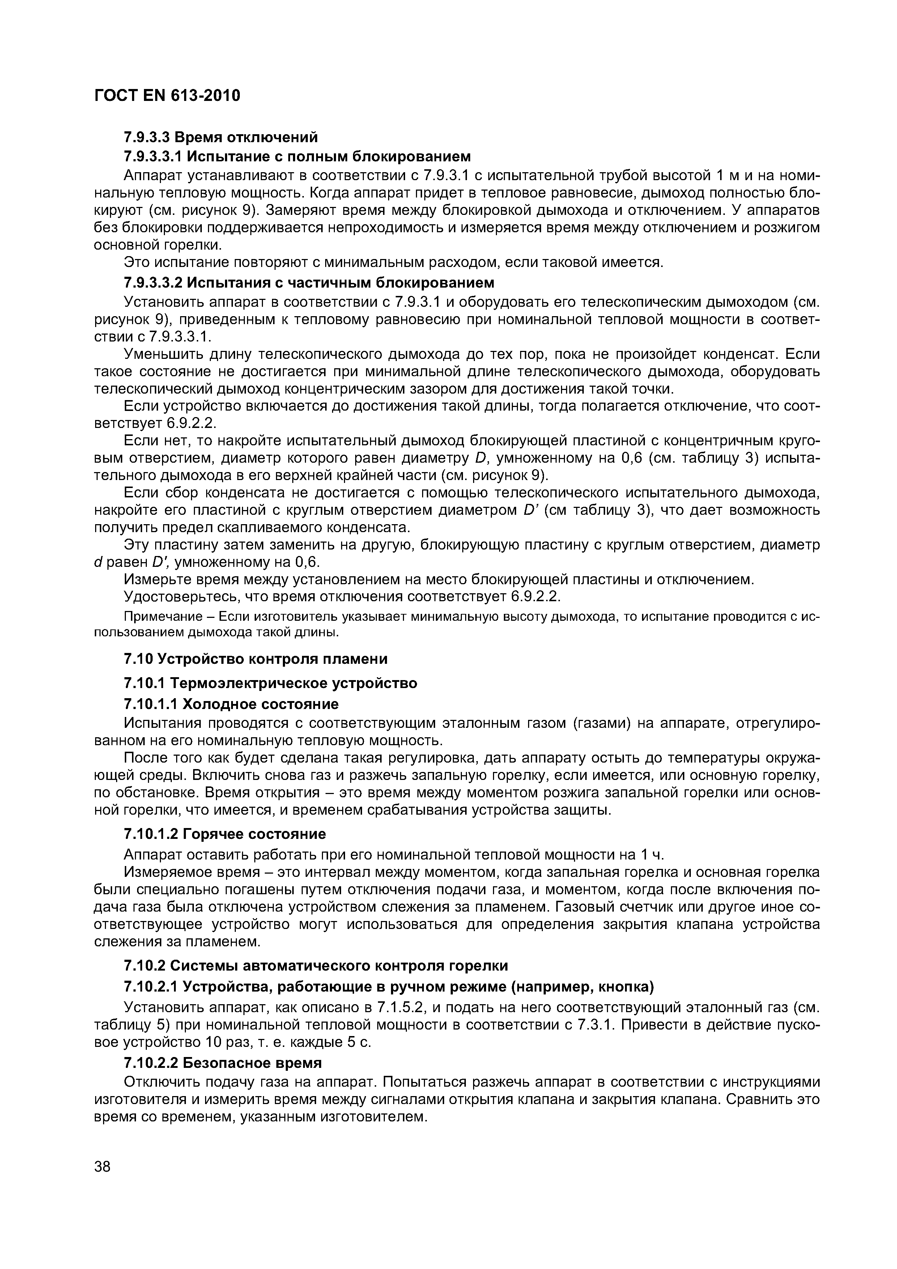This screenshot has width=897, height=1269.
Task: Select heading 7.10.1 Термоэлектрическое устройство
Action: click(x=270, y=683)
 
